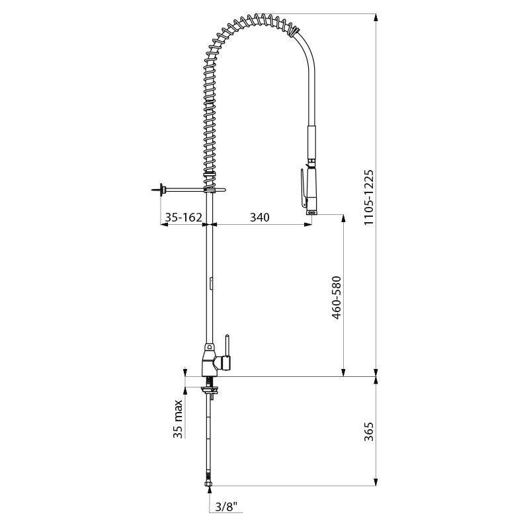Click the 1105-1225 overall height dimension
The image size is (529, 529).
(369, 197)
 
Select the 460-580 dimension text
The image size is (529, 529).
(337, 298)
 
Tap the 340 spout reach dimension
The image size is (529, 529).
(259, 218)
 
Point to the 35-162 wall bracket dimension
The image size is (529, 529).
(183, 218)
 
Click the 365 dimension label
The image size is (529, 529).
(369, 431)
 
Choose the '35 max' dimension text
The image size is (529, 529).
(178, 419)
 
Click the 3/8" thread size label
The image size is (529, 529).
(226, 507)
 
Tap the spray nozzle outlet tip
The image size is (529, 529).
(311, 212)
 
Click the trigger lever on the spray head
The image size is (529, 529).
(304, 188)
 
